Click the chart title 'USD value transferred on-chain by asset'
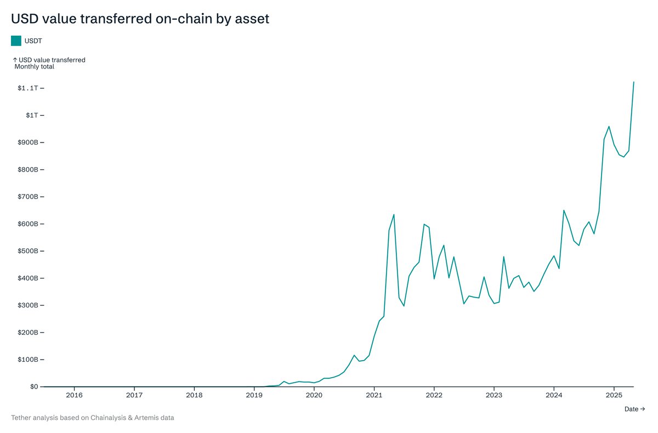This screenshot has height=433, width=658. [140, 19]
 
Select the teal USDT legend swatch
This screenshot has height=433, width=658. [16, 41]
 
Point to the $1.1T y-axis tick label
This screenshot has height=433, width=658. [27, 88]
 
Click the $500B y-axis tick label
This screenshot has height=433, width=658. [27, 251]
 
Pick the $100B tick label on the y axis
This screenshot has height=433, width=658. [27, 360]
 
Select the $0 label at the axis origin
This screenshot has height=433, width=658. [34, 386]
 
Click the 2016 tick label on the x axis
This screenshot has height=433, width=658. [74, 395]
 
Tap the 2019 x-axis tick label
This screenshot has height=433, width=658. [254, 395]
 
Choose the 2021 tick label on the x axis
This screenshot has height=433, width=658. [374, 395]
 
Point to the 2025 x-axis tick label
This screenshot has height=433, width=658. [614, 395]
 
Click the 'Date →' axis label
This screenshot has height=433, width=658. [634, 409]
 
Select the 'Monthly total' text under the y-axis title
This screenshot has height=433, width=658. [34, 67]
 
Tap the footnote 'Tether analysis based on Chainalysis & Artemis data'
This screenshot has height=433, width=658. [93, 418]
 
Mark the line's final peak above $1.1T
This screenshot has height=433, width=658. [633, 82]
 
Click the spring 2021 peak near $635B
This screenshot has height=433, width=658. [394, 214]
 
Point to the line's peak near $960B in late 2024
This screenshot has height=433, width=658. [609, 126]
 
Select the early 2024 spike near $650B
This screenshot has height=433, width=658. [564, 210]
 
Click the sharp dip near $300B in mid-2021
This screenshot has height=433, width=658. [404, 306]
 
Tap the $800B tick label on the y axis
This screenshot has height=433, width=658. [27, 169]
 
